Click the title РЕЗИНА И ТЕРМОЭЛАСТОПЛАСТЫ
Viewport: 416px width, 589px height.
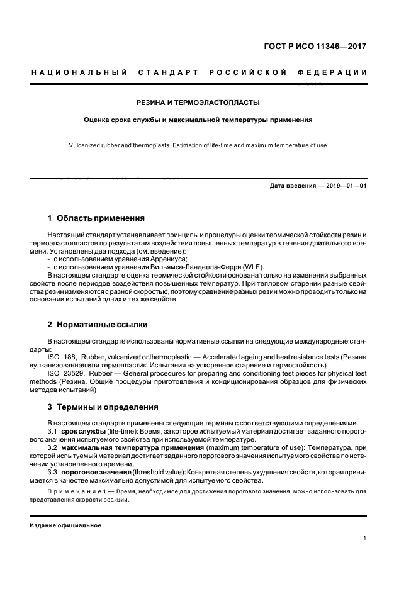[199, 102]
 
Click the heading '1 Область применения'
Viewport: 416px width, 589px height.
[96, 218]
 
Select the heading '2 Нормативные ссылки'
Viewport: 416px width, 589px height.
[98, 325]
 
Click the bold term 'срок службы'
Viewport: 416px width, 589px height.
[83, 430]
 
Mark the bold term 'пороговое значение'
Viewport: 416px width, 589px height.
[96, 471]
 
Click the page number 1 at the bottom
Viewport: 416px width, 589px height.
[365, 538]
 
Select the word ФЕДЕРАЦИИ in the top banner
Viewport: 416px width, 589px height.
[336, 72]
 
